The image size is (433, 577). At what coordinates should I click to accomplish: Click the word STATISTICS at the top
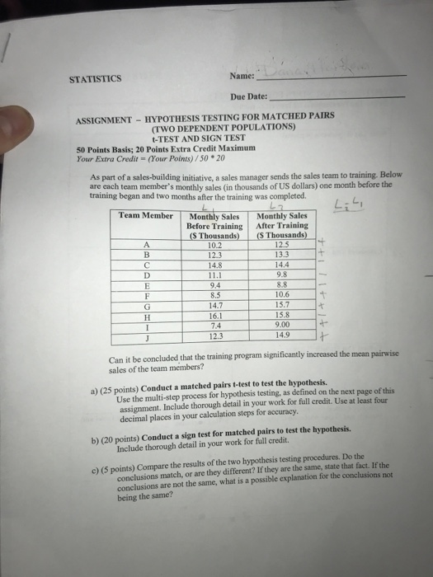click(96, 79)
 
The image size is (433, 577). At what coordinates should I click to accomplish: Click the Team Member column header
click(146, 215)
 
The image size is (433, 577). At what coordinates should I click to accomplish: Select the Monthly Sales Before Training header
click(213, 225)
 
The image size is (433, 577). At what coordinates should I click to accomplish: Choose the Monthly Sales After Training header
click(282, 225)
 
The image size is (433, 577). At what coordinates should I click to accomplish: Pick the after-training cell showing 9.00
click(282, 324)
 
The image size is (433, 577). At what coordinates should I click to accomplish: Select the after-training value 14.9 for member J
click(282, 335)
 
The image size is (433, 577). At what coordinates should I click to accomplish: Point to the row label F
click(147, 294)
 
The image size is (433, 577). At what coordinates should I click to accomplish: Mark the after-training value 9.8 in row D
click(282, 275)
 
